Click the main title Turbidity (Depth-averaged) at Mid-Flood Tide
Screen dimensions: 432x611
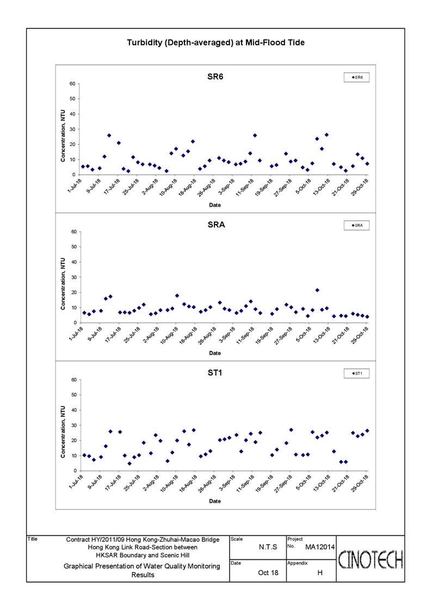tap(215, 42)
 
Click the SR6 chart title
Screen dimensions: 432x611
tap(215, 77)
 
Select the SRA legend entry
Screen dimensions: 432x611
tap(356, 225)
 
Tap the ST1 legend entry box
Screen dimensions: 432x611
tap(356, 373)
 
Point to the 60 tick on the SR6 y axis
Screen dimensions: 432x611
tap(72, 84)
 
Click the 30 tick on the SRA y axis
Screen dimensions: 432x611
tap(73, 277)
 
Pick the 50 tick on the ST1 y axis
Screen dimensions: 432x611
tap(73, 395)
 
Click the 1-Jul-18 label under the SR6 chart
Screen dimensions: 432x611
tap(75, 186)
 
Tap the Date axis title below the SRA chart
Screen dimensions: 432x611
tap(215, 353)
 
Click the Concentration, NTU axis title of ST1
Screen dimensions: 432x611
tap(63, 432)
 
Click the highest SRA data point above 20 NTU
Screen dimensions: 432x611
tap(317, 291)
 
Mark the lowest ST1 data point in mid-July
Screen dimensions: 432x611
tap(129, 464)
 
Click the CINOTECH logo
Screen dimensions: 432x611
tap(371, 559)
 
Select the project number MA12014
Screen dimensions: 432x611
tap(320, 547)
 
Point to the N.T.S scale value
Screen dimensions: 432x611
tap(268, 547)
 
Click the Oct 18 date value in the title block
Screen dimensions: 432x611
tap(268, 572)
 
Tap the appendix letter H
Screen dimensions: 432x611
tap(320, 572)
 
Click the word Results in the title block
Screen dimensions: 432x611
tap(143, 575)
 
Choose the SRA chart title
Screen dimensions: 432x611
tap(216, 225)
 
